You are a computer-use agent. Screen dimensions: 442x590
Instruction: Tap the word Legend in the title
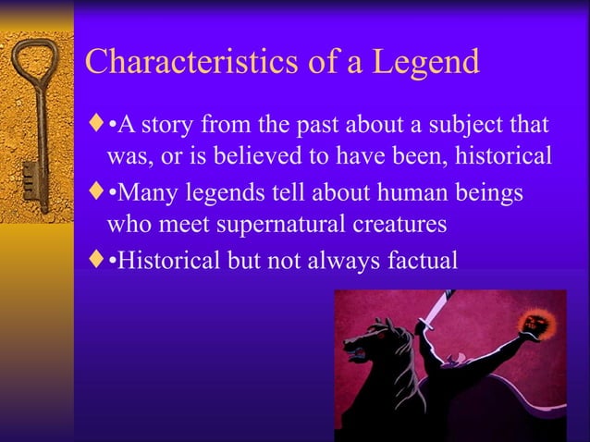[x=426, y=62]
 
